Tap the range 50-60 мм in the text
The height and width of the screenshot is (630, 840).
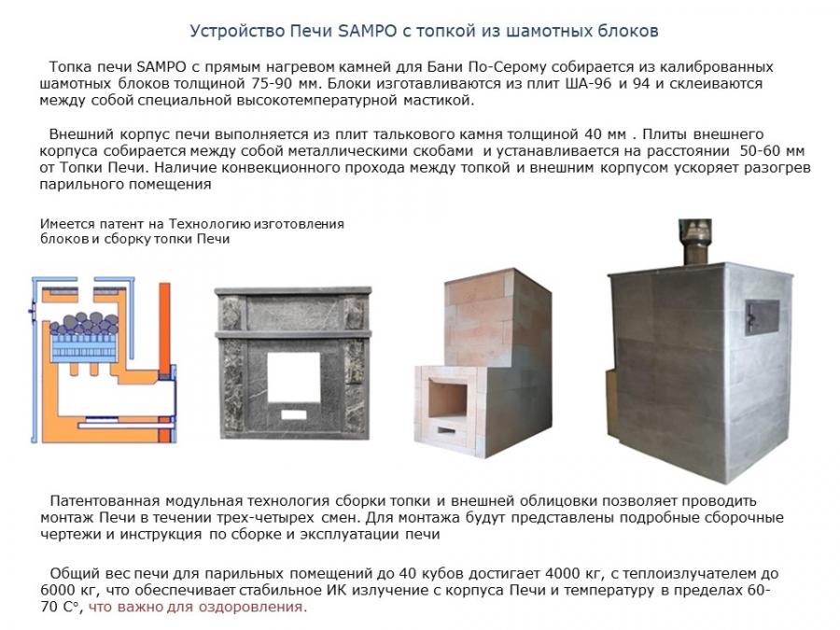click(x=772, y=150)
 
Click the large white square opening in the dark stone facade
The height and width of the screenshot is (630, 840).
click(x=294, y=377)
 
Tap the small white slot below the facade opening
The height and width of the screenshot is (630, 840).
click(x=294, y=414)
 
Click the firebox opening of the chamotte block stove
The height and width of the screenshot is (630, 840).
click(x=448, y=397)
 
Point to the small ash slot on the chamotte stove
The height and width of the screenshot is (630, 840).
click(x=446, y=430)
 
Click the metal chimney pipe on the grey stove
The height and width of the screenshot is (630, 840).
click(x=696, y=242)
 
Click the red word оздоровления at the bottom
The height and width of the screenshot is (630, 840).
click(x=252, y=607)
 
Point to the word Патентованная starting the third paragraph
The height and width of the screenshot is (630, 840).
click(x=105, y=501)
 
